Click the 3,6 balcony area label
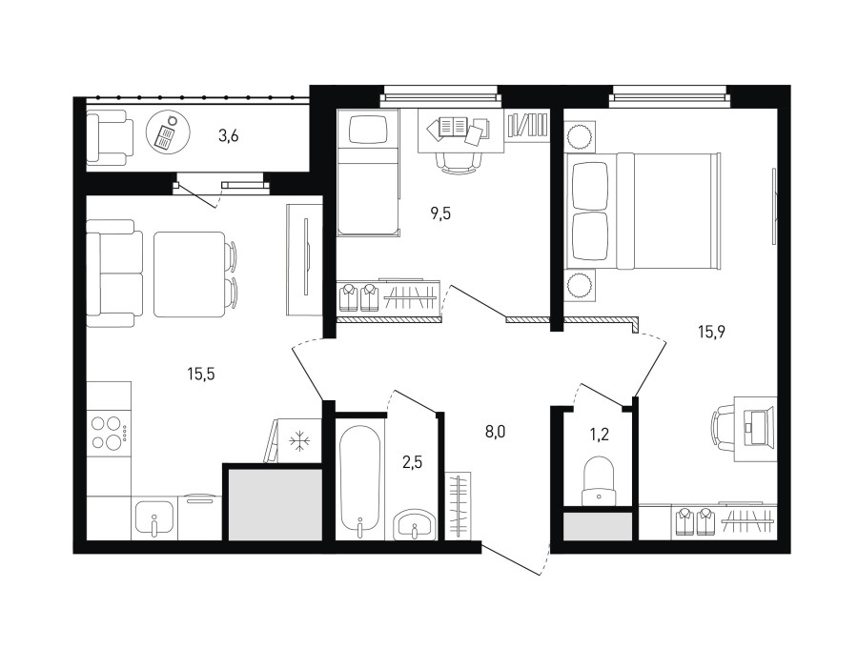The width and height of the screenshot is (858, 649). pos(228,135)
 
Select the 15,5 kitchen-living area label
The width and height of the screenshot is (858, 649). pos(201,375)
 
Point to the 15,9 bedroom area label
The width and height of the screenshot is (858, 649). pos(711,332)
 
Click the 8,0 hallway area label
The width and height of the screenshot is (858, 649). pos(495,433)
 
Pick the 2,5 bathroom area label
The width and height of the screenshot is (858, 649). pos(412,463)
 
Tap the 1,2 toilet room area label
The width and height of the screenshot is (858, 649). pos(600,435)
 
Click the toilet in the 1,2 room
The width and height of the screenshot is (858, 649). pos(600,481)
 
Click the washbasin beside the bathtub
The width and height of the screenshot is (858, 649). pos(415,524)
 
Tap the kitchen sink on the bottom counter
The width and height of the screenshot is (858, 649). pos(154,518)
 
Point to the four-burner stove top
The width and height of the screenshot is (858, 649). pos(109,432)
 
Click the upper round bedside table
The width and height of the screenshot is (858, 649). pos(580,136)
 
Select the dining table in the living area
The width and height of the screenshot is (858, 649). pos(190,274)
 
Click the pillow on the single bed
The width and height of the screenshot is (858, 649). pos(368,131)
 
